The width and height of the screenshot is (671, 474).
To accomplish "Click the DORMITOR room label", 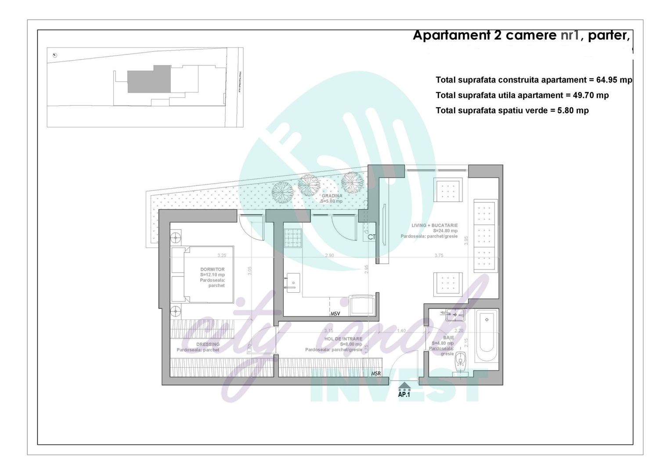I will [x=212, y=269].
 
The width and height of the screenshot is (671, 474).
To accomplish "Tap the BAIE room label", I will [x=448, y=338].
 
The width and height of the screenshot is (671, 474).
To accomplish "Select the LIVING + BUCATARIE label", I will [x=434, y=226].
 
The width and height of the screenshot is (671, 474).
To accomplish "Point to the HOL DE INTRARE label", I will [x=343, y=339].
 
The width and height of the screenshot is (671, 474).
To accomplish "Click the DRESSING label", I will [x=208, y=345].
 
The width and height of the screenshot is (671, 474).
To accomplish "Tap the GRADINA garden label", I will [x=332, y=196].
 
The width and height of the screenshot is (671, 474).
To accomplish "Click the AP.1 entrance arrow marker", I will [x=404, y=388].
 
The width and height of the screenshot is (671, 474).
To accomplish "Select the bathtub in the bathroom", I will [x=487, y=336].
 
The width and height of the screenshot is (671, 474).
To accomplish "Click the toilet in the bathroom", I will [x=460, y=359].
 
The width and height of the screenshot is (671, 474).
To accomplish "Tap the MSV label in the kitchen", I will [x=335, y=313].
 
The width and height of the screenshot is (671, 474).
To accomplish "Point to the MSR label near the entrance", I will [x=376, y=373].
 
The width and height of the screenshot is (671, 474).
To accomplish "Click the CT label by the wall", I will [x=372, y=237].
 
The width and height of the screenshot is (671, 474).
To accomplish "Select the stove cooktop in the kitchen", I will [x=293, y=238].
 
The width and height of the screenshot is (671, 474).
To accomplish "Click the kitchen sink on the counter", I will [x=292, y=283].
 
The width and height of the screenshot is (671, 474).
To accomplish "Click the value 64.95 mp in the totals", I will [x=614, y=80].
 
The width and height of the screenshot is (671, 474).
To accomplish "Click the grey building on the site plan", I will [x=149, y=79].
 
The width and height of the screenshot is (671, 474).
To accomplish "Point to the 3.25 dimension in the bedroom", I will [x=222, y=255].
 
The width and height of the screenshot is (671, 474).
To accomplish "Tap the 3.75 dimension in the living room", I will [x=439, y=255].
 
